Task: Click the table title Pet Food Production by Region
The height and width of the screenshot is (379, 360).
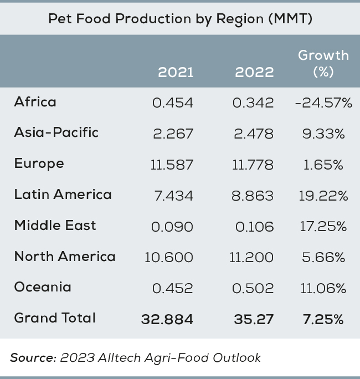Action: [180, 19]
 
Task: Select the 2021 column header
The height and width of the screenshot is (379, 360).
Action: [176, 73]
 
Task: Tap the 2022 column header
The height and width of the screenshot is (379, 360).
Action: [254, 73]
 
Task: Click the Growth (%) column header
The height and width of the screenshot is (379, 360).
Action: [323, 63]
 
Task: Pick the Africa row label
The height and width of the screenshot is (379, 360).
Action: [35, 102]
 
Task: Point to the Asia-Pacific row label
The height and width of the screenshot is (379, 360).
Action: [56, 132]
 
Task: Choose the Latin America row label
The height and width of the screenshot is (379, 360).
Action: [63, 194]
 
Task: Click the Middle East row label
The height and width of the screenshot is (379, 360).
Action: [55, 226]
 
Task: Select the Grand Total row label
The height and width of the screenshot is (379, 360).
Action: [55, 318]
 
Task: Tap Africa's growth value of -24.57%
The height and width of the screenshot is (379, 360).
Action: [323, 103]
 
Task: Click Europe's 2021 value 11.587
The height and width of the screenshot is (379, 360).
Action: [172, 165]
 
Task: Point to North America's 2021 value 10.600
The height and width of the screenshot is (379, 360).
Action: [169, 258]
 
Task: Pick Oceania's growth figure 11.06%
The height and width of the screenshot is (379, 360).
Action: [325, 289]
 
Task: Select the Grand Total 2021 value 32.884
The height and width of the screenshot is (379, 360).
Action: [167, 320]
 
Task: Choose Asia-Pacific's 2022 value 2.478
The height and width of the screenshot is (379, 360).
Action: [254, 134]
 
